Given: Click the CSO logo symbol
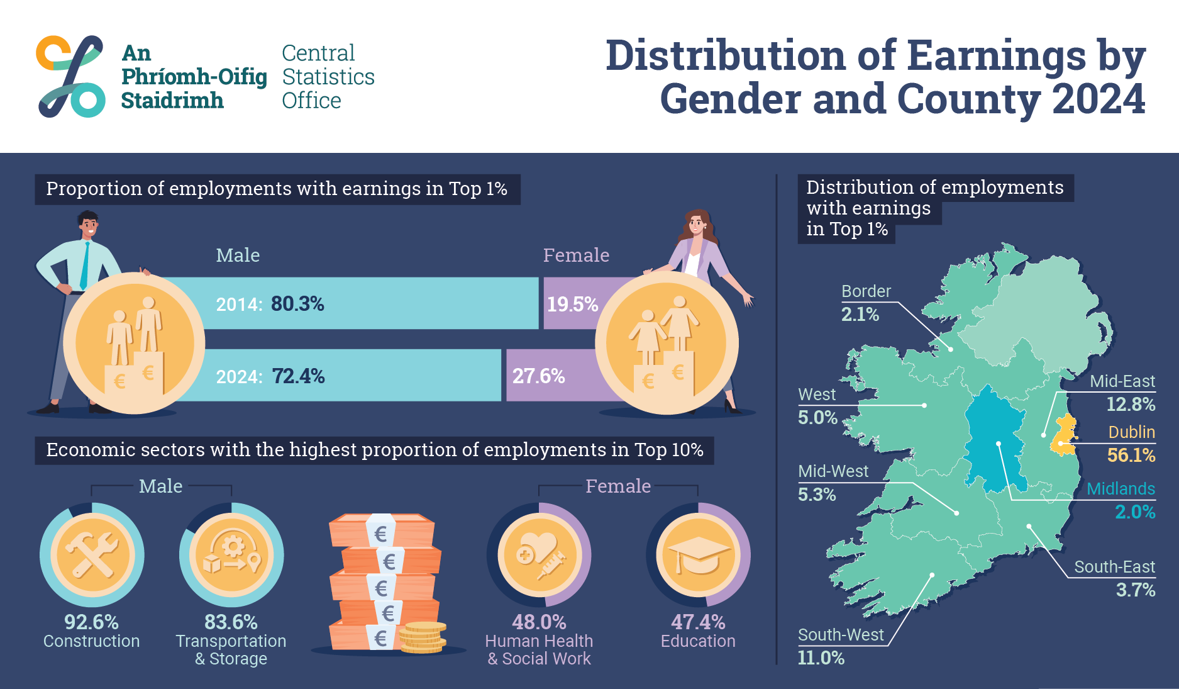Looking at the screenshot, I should (70, 76).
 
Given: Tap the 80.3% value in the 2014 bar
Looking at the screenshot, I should (297, 304).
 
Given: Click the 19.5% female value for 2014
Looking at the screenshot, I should (572, 305).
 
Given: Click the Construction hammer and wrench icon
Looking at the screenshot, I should (92, 555).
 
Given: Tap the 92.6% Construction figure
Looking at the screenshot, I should (91, 622).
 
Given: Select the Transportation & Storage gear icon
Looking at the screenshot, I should (231, 555).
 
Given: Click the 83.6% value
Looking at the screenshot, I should (231, 622).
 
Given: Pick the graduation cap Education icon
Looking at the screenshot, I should (698, 555).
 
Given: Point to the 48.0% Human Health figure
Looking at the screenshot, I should (539, 622).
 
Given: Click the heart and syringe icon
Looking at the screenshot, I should (539, 555).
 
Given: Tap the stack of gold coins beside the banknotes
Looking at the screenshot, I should (423, 637).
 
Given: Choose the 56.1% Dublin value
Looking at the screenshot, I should (1131, 455).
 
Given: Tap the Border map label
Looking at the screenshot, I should (866, 291).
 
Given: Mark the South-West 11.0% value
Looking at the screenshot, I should (821, 658).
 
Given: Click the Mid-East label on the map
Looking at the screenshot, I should (1122, 381).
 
